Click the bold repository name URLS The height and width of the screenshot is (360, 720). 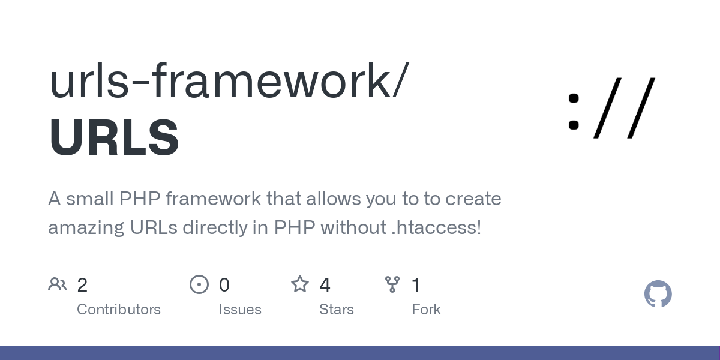click(x=114, y=137)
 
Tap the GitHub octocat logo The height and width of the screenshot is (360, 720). click(x=658, y=294)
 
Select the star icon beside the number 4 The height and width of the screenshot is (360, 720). click(x=300, y=284)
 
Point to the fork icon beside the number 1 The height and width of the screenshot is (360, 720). click(x=392, y=284)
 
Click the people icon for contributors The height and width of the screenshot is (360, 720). click(x=58, y=284)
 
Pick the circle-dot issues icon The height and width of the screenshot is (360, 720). click(x=199, y=284)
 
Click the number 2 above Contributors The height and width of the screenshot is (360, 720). click(x=82, y=285)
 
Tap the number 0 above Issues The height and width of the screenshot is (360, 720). click(x=224, y=285)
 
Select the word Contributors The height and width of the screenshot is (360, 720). click(x=119, y=310)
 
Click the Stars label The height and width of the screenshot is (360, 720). click(x=337, y=310)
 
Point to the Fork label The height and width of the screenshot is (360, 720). click(x=426, y=310)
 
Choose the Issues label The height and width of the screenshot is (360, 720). click(x=240, y=310)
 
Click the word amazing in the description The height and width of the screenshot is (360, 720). click(x=86, y=228)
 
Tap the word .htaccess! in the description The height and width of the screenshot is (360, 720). click(x=437, y=227)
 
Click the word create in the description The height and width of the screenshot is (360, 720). click(x=473, y=199)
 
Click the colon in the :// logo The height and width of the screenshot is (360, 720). click(x=574, y=112)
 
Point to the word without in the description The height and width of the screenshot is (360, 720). click(x=353, y=227)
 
